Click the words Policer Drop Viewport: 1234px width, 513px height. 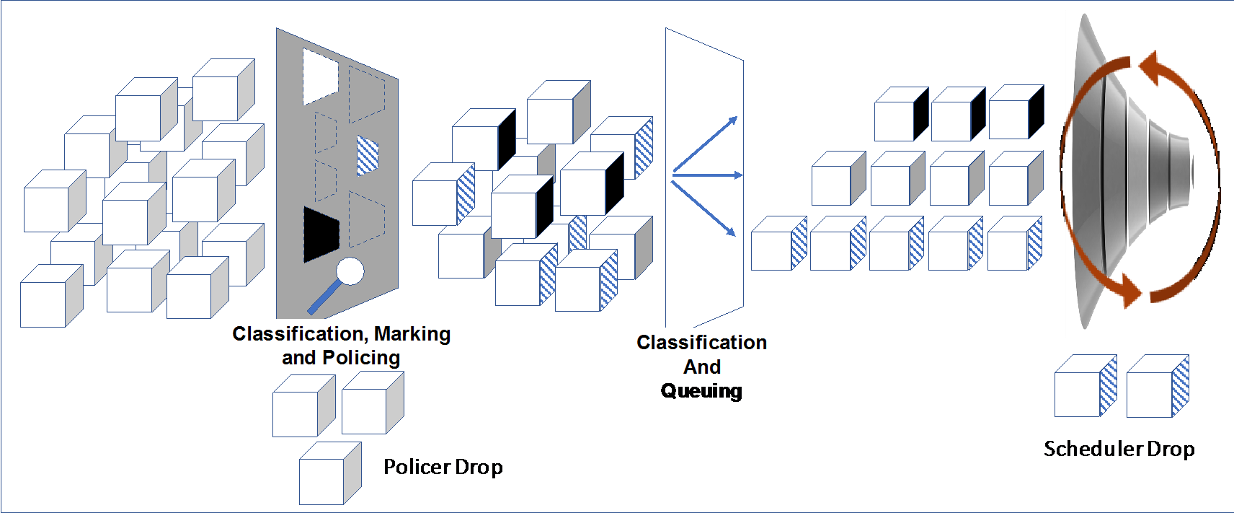coord(443,468)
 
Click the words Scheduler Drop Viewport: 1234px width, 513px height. coord(1119,449)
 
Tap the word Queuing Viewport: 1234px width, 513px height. coord(701,391)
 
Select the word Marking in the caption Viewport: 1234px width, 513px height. coord(412,334)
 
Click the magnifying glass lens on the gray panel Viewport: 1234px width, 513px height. coord(351,271)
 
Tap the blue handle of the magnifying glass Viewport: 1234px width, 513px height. coord(324,297)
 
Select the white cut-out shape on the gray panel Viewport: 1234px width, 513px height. coord(319,75)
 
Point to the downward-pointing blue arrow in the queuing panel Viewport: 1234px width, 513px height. coord(704,209)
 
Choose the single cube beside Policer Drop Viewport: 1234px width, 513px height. coord(329,474)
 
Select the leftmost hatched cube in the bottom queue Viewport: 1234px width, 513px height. coord(778,244)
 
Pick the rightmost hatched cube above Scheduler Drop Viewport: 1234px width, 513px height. coord(1157,387)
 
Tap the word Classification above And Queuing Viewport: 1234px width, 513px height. coord(701,343)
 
